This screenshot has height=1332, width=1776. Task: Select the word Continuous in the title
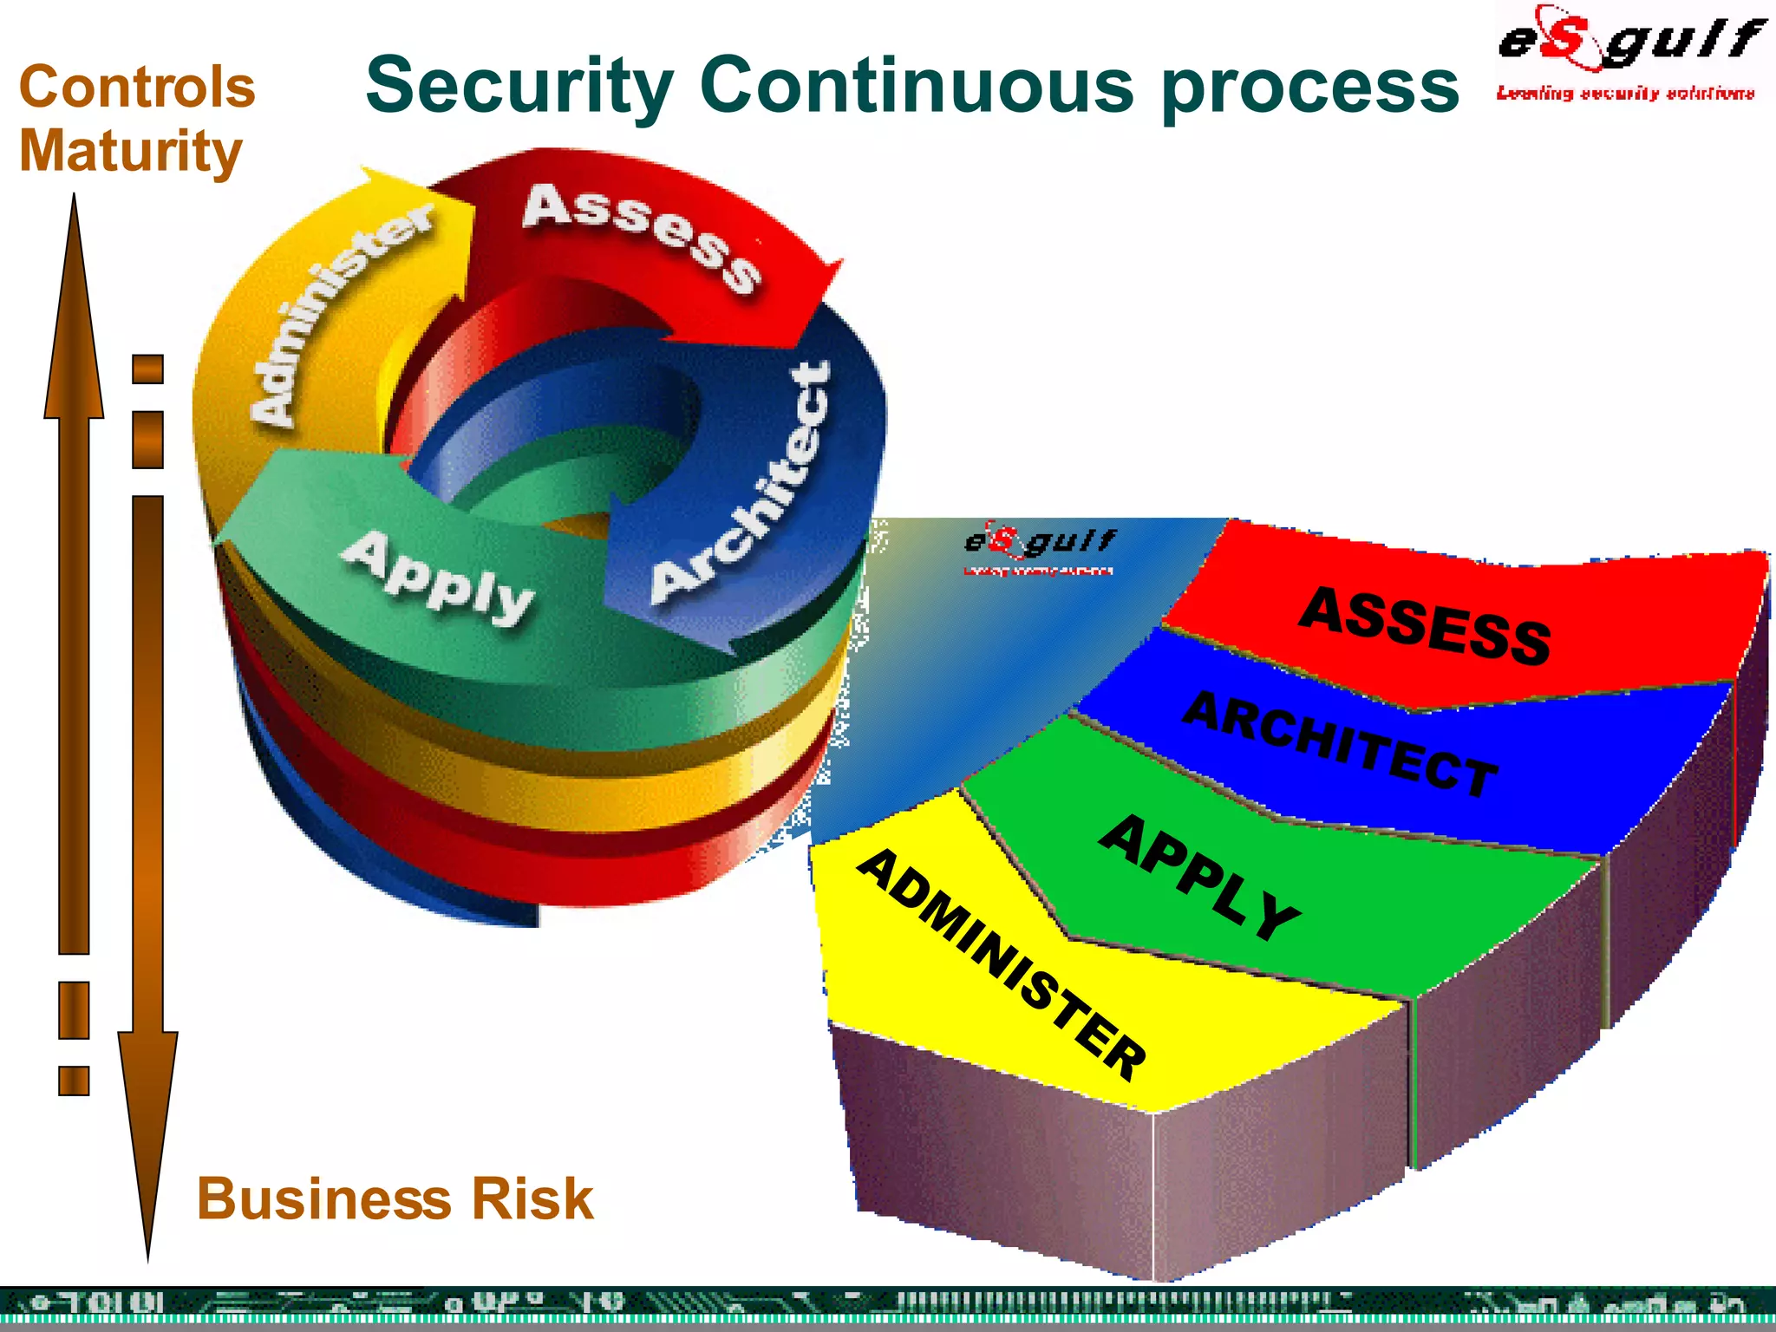click(916, 85)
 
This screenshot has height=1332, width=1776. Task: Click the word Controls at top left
click(137, 88)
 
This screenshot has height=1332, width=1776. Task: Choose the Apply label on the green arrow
click(438, 577)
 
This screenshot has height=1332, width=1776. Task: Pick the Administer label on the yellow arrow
click(338, 312)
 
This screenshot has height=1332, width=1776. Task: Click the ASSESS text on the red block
click(1425, 624)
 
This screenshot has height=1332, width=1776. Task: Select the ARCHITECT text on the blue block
click(1341, 742)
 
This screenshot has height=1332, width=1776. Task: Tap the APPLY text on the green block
click(1200, 876)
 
